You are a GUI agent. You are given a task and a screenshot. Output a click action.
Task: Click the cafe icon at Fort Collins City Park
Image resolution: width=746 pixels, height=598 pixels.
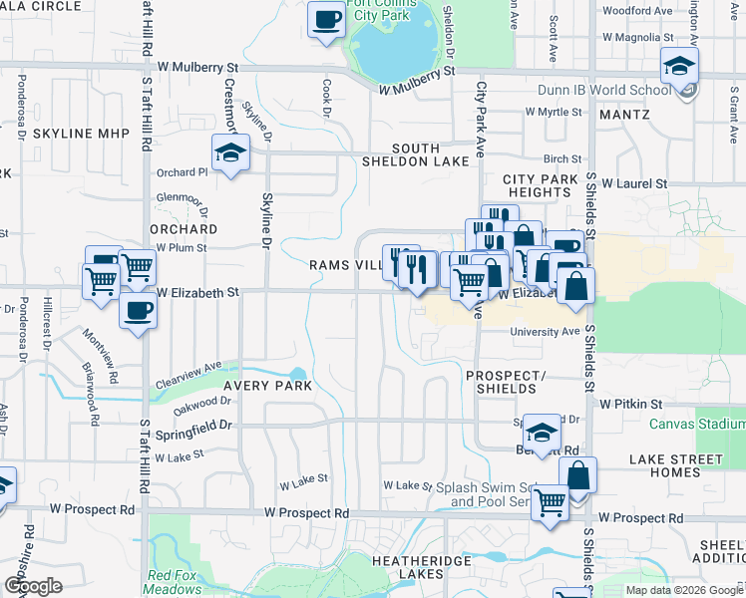tap(325, 20)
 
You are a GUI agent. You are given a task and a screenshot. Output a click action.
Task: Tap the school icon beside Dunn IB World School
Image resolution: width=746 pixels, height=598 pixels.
tap(679, 67)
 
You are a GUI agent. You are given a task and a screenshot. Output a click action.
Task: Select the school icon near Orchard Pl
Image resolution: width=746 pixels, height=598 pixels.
tap(230, 154)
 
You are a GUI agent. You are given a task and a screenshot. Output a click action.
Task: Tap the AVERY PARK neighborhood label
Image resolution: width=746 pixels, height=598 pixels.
tap(267, 385)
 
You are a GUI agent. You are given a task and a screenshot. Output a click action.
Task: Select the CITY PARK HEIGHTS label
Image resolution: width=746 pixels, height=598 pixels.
tap(541, 185)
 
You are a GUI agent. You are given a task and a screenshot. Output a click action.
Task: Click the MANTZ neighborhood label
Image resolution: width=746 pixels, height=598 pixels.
tap(624, 115)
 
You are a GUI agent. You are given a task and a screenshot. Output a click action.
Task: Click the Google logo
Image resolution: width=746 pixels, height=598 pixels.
tap(33, 586)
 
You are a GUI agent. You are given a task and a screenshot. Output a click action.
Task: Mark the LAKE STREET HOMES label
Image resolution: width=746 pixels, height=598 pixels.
tap(676, 465)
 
